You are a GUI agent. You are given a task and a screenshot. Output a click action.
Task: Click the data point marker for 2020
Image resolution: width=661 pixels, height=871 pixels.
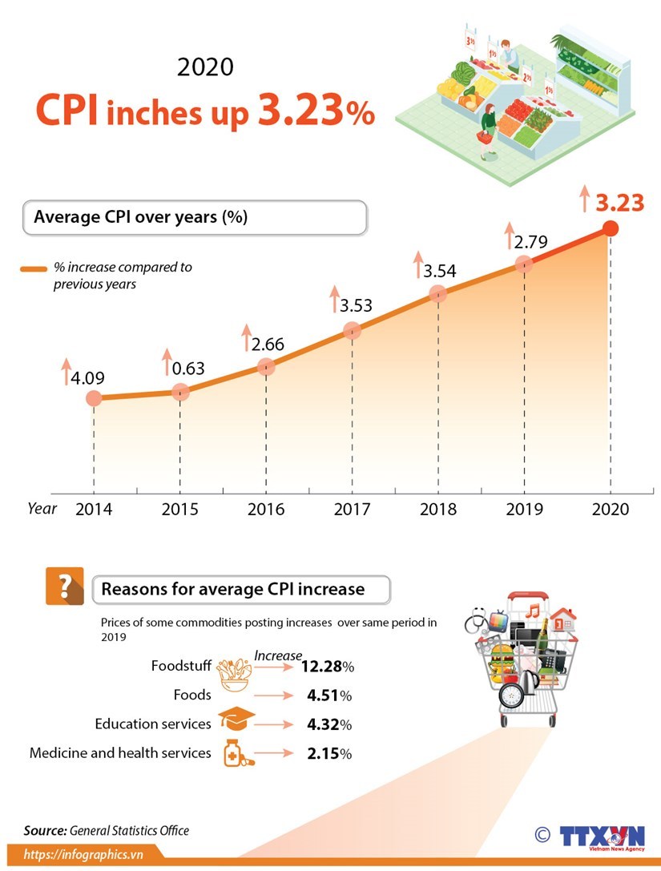(610, 228)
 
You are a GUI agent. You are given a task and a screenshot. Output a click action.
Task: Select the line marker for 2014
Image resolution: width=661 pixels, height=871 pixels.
(94, 398)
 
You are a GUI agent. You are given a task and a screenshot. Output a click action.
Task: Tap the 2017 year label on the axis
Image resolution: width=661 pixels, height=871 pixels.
(352, 510)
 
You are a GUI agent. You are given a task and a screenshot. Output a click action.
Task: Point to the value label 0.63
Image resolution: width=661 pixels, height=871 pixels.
(188, 369)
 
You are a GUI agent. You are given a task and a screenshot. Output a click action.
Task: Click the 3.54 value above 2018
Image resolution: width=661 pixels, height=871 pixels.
(440, 271)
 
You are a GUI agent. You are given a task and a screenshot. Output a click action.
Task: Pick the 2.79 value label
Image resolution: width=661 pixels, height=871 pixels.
(530, 241)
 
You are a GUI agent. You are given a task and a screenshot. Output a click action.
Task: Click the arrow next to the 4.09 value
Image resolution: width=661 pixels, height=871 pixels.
(67, 372)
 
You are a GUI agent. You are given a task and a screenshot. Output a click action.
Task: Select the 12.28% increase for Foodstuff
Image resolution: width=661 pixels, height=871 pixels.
(327, 667)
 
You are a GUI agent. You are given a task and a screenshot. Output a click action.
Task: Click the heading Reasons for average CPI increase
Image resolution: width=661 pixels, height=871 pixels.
(232, 590)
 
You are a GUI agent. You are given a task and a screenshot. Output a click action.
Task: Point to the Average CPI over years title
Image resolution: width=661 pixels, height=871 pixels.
(141, 217)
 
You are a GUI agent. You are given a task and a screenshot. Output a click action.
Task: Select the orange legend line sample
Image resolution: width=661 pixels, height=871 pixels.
(34, 269)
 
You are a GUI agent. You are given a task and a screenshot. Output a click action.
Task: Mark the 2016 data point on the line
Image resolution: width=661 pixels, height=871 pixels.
(266, 367)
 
